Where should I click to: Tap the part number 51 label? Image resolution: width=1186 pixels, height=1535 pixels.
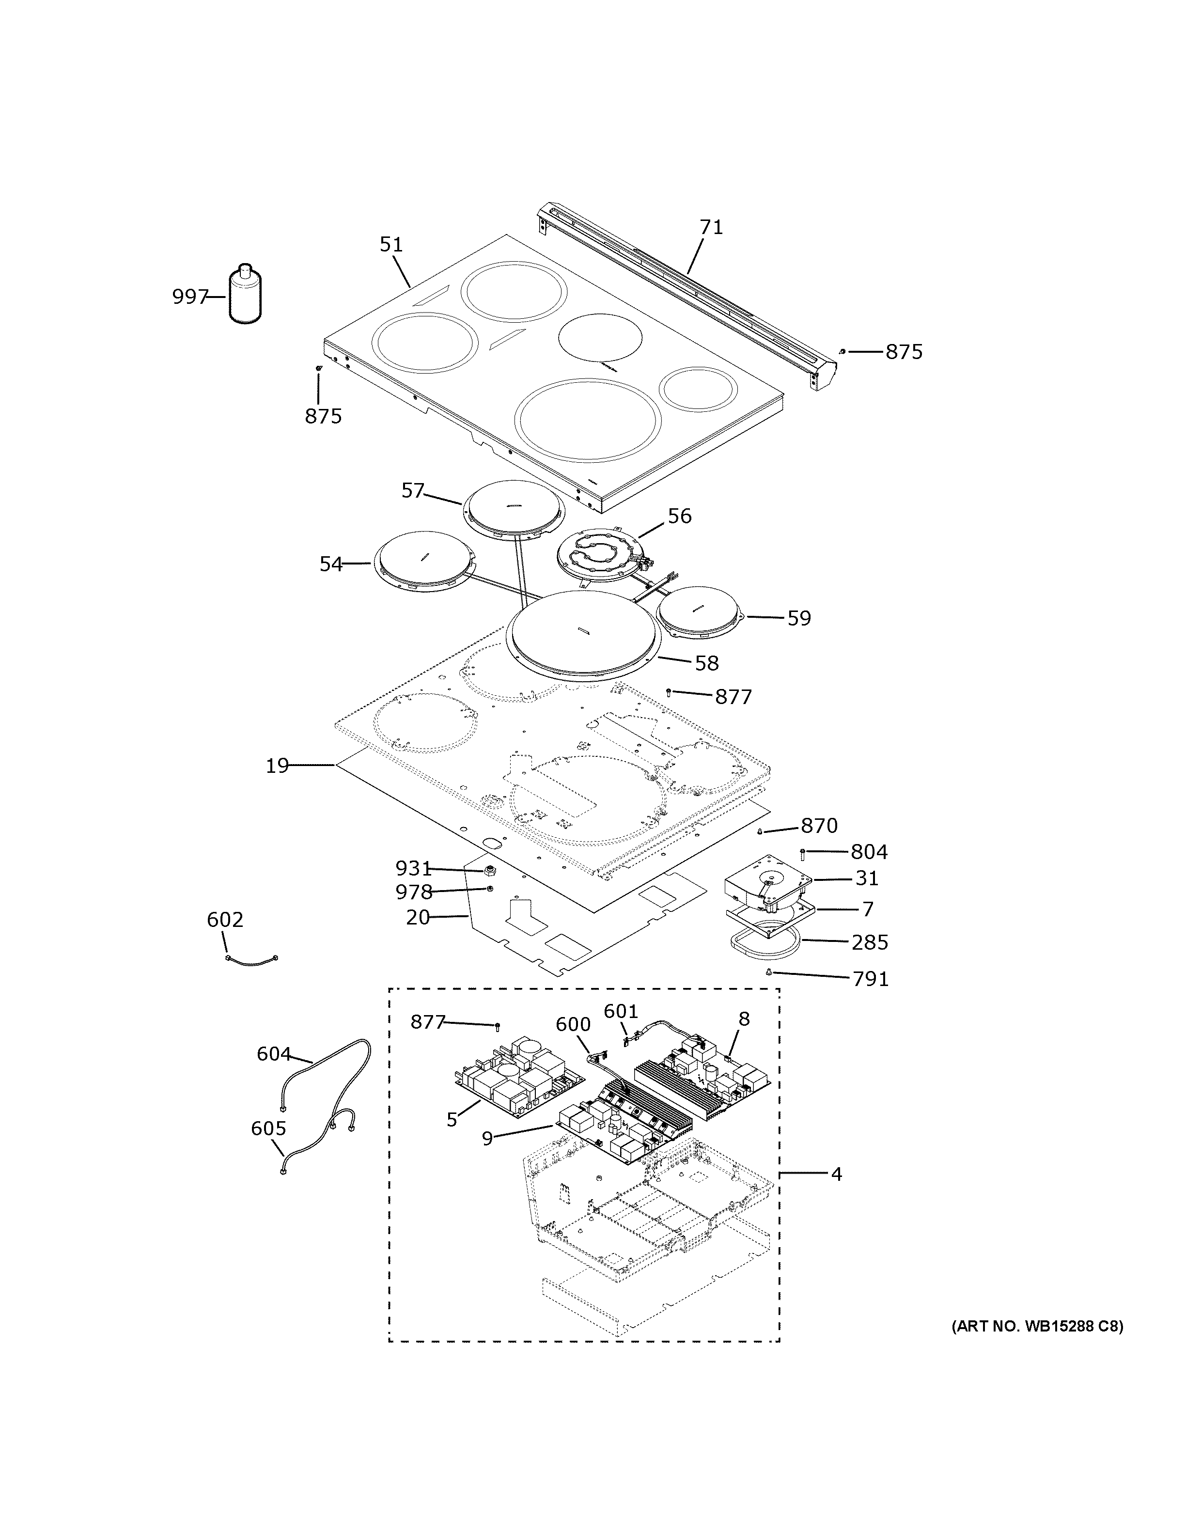pyautogui.click(x=391, y=245)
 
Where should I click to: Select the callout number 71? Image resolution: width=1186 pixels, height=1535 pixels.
pyautogui.click(x=711, y=227)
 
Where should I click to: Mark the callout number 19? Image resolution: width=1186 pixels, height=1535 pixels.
pyautogui.click(x=278, y=766)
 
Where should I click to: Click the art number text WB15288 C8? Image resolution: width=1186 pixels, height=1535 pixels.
pyautogui.click(x=1037, y=1326)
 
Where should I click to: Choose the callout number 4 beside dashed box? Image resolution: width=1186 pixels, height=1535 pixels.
pyautogui.click(x=836, y=1174)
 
